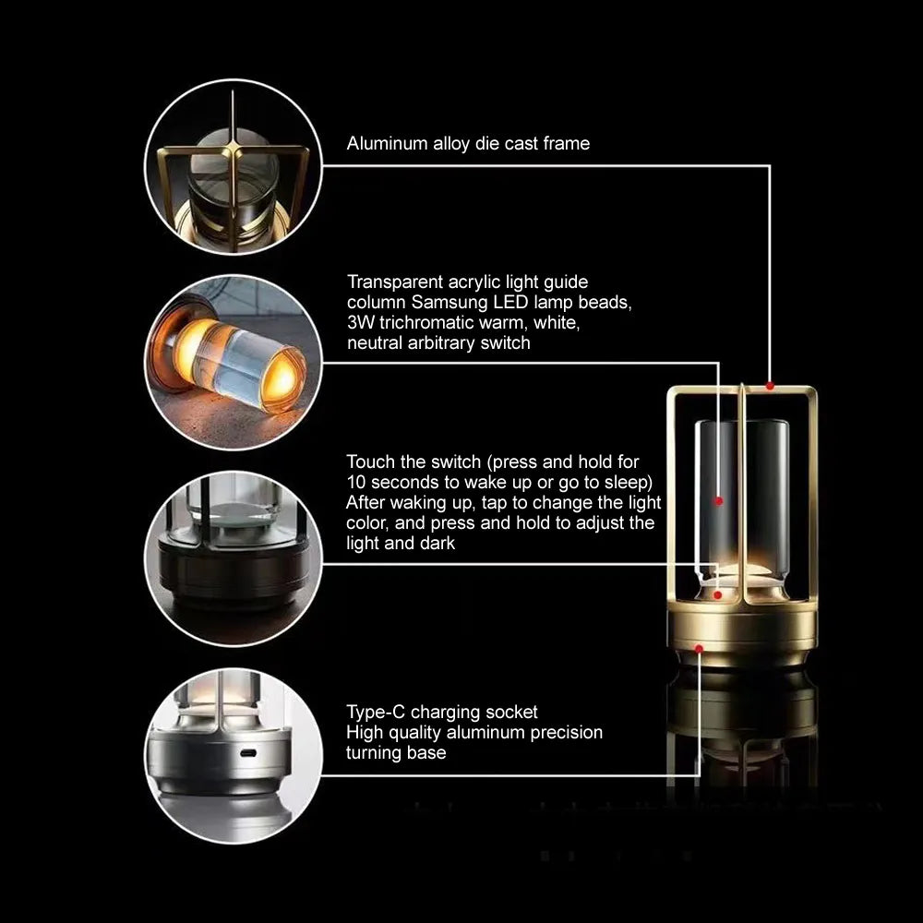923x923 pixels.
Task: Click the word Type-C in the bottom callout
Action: click(x=374, y=712)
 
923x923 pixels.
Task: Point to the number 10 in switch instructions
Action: click(x=357, y=482)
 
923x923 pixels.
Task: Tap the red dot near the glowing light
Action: click(x=718, y=595)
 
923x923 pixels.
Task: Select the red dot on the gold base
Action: click(x=699, y=649)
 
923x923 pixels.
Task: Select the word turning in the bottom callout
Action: click(x=372, y=752)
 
